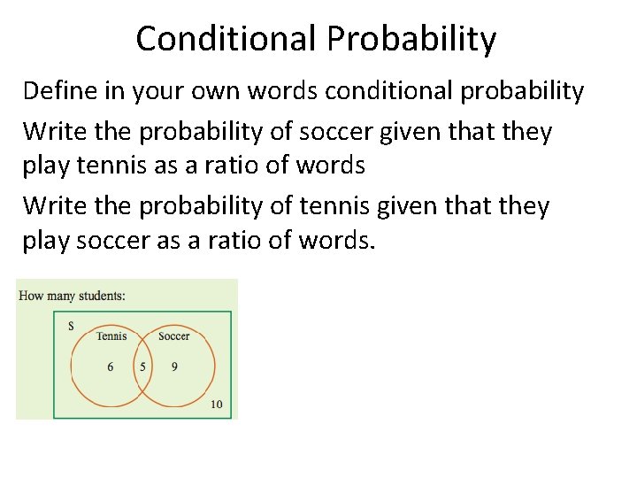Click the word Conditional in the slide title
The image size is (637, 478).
(227, 39)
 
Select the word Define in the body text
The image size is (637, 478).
(57, 91)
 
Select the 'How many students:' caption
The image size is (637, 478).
(72, 295)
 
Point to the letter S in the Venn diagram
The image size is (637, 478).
(71, 326)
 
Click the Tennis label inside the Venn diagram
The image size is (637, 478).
(111, 336)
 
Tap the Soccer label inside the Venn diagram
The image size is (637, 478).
(173, 336)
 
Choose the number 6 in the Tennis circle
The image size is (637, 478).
(111, 366)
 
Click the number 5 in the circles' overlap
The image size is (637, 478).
(142, 366)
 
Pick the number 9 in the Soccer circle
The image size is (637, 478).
(174, 366)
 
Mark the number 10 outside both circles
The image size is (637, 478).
(217, 405)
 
